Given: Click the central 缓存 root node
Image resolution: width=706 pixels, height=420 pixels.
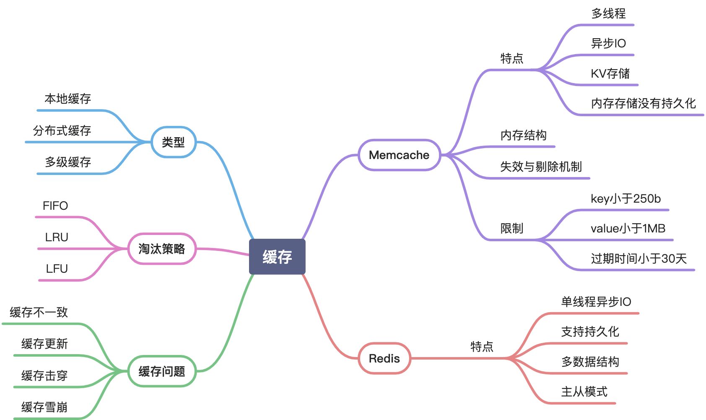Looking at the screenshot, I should pyautogui.click(x=277, y=257).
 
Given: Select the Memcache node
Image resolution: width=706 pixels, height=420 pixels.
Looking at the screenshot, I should pyautogui.click(x=399, y=155).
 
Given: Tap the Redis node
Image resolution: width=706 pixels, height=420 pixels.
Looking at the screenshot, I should pyautogui.click(x=384, y=358).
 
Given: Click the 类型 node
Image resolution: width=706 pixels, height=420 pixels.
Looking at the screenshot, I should pyautogui.click(x=173, y=142).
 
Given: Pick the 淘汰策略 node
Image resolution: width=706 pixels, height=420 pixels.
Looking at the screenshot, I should pyautogui.click(x=161, y=249).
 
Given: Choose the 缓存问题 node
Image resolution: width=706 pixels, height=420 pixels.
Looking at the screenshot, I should pyautogui.click(x=161, y=371).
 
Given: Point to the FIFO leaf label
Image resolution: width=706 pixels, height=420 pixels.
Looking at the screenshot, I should pyautogui.click(x=55, y=206).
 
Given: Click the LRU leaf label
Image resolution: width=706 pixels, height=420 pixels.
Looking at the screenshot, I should pyautogui.click(x=57, y=237).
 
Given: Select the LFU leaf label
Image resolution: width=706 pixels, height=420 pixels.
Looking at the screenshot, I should pyautogui.click(x=57, y=269).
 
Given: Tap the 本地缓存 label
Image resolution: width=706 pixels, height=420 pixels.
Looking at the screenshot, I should pyautogui.click(x=67, y=99).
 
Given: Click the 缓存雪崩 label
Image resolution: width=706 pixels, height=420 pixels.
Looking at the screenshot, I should pyautogui.click(x=44, y=407).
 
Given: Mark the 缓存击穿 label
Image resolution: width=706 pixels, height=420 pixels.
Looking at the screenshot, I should pyautogui.click(x=44, y=376).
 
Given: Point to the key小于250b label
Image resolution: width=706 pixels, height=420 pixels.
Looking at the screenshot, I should pyautogui.click(x=626, y=199).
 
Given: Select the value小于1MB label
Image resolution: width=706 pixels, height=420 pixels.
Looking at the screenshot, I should pyautogui.click(x=628, y=229).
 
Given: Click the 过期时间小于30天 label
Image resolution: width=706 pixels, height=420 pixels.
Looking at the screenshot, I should pyautogui.click(x=639, y=258).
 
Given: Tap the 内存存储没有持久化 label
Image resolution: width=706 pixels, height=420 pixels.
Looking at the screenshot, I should pyautogui.click(x=643, y=103).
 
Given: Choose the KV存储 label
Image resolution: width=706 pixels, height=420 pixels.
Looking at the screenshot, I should pyautogui.click(x=610, y=74).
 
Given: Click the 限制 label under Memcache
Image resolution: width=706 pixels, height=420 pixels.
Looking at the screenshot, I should pyautogui.click(x=512, y=229).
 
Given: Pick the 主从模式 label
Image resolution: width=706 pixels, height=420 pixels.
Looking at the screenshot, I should pyautogui.click(x=584, y=392).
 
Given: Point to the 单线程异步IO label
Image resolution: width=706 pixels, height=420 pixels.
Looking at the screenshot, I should pyautogui.click(x=596, y=302).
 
